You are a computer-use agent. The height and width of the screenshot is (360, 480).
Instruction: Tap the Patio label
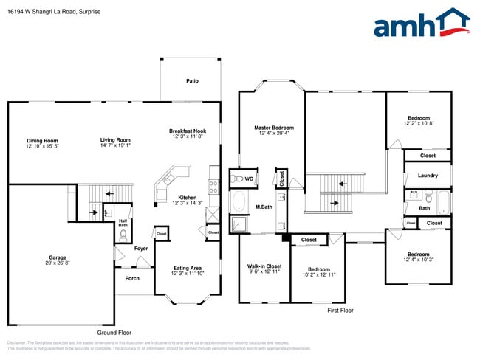192,81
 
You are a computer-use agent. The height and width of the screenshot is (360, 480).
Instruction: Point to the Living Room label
115,140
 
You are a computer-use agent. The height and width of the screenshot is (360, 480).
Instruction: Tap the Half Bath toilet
123,235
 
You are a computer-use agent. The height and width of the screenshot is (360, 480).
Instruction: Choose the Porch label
132,278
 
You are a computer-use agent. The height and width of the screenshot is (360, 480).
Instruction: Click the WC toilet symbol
239,179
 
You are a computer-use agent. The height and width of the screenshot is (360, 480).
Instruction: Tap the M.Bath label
265,207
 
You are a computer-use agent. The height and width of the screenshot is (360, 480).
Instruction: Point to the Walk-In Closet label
264,266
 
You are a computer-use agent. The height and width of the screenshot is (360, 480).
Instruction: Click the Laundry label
428,176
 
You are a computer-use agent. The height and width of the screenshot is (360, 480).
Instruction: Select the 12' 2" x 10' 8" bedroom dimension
419,124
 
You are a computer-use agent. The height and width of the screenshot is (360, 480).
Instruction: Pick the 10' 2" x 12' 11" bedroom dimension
318,274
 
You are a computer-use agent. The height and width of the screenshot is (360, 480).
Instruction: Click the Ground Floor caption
115,333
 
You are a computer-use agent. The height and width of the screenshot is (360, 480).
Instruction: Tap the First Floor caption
340,311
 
